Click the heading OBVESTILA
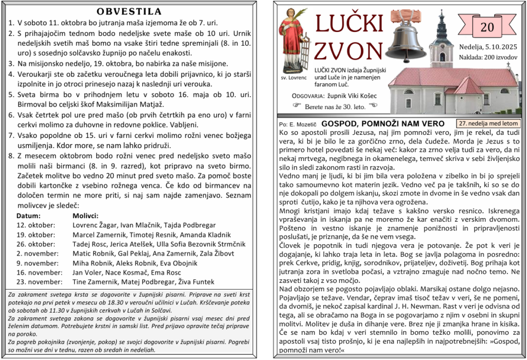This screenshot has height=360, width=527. [x=129, y=11]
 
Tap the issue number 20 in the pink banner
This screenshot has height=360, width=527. [x=487, y=27]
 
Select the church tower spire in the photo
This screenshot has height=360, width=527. [x=441, y=23]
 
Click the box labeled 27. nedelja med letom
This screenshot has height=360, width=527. [x=488, y=123]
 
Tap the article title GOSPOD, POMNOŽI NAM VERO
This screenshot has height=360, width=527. [x=382, y=124]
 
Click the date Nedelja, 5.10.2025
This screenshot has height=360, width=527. [x=488, y=47]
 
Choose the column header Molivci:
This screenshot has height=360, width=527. [x=85, y=215]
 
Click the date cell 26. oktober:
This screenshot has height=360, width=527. [x=36, y=244]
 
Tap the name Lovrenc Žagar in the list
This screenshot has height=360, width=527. [x=95, y=225]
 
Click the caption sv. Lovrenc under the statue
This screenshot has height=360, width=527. [x=294, y=78]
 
